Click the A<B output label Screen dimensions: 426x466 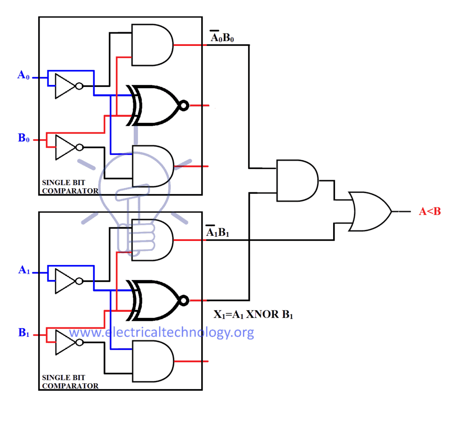[430, 211]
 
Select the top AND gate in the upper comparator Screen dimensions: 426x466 [152, 45]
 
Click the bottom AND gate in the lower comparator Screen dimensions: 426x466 [152, 361]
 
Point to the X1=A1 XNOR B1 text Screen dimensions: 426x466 [253, 314]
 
